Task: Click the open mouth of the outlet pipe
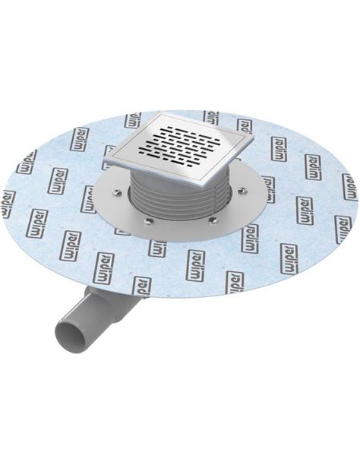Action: click(x=66, y=338)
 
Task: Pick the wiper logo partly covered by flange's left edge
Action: click(x=88, y=198)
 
